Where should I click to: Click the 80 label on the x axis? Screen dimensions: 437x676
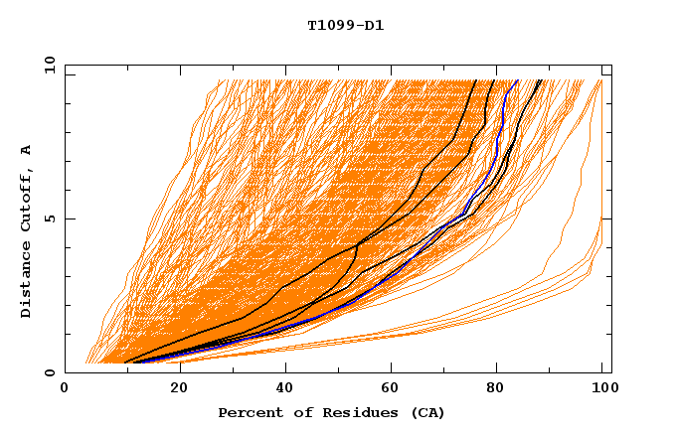pyautogui.click(x=495, y=389)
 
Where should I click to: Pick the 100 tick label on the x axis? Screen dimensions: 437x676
pyautogui.click(x=602, y=389)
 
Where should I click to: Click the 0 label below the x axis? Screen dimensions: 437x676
pyautogui.click(x=65, y=389)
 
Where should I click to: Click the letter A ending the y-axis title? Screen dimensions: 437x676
pyautogui.click(x=27, y=149)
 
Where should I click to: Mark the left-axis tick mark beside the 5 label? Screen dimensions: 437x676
pyautogui.click(x=69, y=218)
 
